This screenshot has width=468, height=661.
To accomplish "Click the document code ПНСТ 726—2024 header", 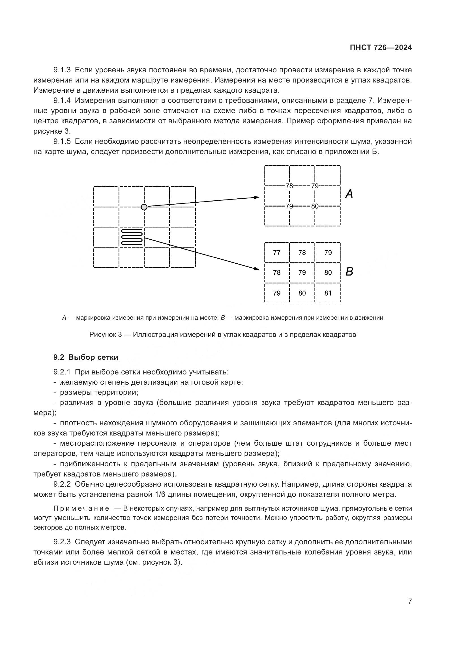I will pyautogui.click(x=381, y=48).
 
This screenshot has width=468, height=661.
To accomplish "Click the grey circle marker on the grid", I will pyautogui.click(x=144, y=207).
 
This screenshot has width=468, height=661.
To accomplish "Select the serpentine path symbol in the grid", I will pyautogui.click(x=132, y=237).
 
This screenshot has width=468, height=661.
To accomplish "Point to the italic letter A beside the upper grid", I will pyautogui.click(x=349, y=194).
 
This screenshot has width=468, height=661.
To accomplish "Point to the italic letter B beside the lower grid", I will pyautogui.click(x=349, y=272).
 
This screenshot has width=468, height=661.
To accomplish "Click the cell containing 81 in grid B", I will pyautogui.click(x=328, y=293).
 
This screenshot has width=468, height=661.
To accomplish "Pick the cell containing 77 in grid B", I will pyautogui.click(x=277, y=253).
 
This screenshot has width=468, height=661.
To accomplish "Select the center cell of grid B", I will pyautogui.click(x=302, y=273).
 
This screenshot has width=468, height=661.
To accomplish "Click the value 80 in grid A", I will pyautogui.click(x=315, y=206).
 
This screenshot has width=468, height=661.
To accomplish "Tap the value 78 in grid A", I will pyautogui.click(x=289, y=186).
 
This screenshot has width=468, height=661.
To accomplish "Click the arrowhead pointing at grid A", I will pyautogui.click(x=257, y=197).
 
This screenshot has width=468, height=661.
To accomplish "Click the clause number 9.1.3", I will pyautogui.click(x=62, y=70).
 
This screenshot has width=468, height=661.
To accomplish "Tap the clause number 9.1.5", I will pyautogui.click(x=62, y=142).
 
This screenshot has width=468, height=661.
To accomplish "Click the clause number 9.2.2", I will pyautogui.click(x=62, y=484).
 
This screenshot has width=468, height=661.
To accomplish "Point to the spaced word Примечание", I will pyautogui.click(x=81, y=509).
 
